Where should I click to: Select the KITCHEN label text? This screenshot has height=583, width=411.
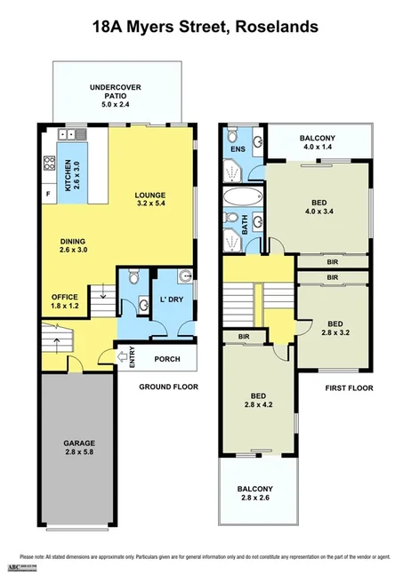[67, 169]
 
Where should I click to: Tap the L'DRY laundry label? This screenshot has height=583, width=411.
[171, 300]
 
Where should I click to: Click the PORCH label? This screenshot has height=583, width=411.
[167, 359]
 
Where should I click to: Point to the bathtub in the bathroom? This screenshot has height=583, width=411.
[238, 197]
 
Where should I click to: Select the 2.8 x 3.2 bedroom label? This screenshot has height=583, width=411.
[334, 328]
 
